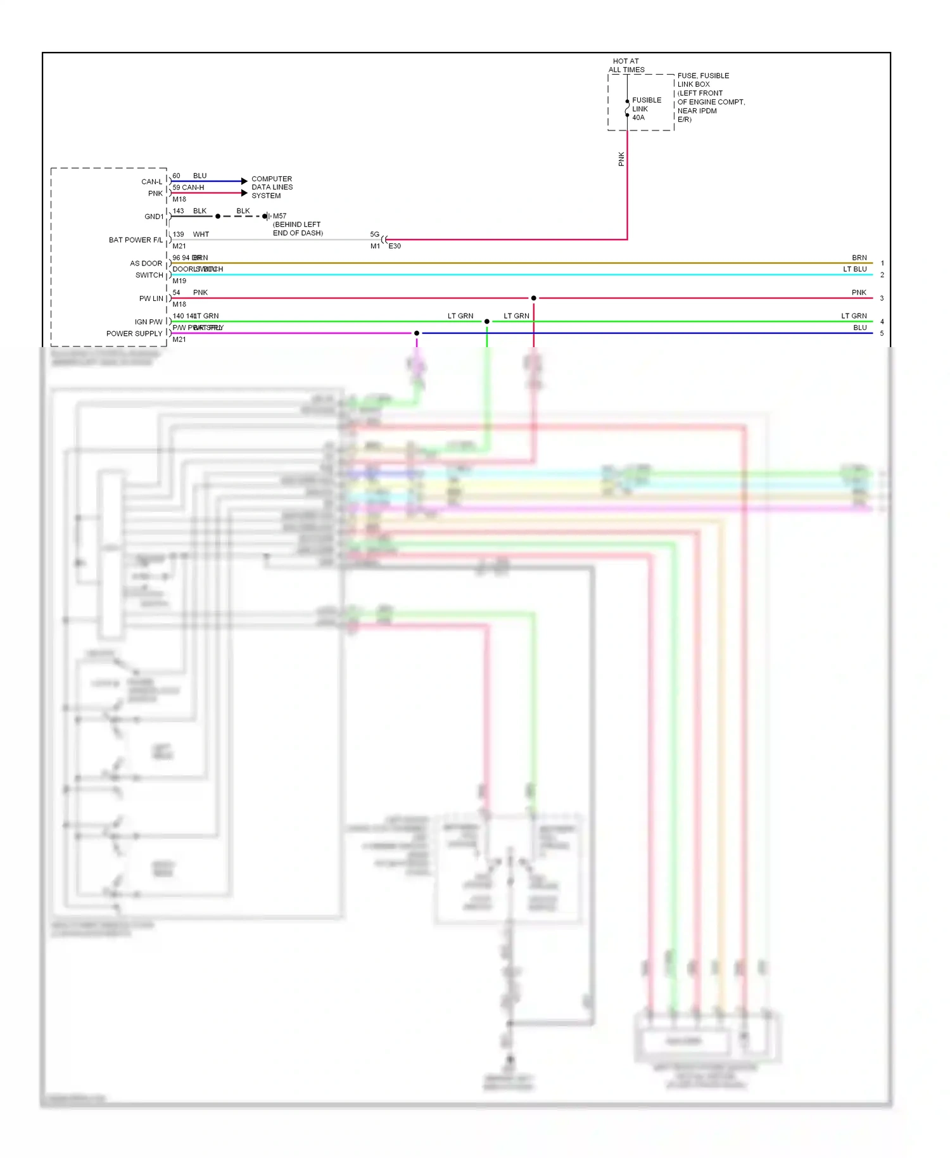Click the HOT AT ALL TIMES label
tap(626, 65)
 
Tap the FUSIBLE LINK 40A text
tap(646, 109)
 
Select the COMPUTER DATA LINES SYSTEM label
tap(272, 188)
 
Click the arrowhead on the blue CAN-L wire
tap(244, 181)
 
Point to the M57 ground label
tap(279, 216)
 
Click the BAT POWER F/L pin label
tap(136, 240)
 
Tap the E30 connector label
tap(395, 246)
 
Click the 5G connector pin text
tap(374, 234)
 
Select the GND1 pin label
tap(154, 217)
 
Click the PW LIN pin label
tap(151, 298)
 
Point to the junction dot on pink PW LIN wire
tap(533, 298)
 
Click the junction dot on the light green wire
tap(486, 322)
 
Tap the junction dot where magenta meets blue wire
tap(416, 333)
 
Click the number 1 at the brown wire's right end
tap(882, 263)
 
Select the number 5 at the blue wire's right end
tap(882, 333)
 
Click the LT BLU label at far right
tap(854, 269)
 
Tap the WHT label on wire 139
tap(201, 234)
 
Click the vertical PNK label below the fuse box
tap(621, 159)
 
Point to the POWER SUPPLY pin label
tap(134, 334)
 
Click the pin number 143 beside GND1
tap(178, 211)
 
